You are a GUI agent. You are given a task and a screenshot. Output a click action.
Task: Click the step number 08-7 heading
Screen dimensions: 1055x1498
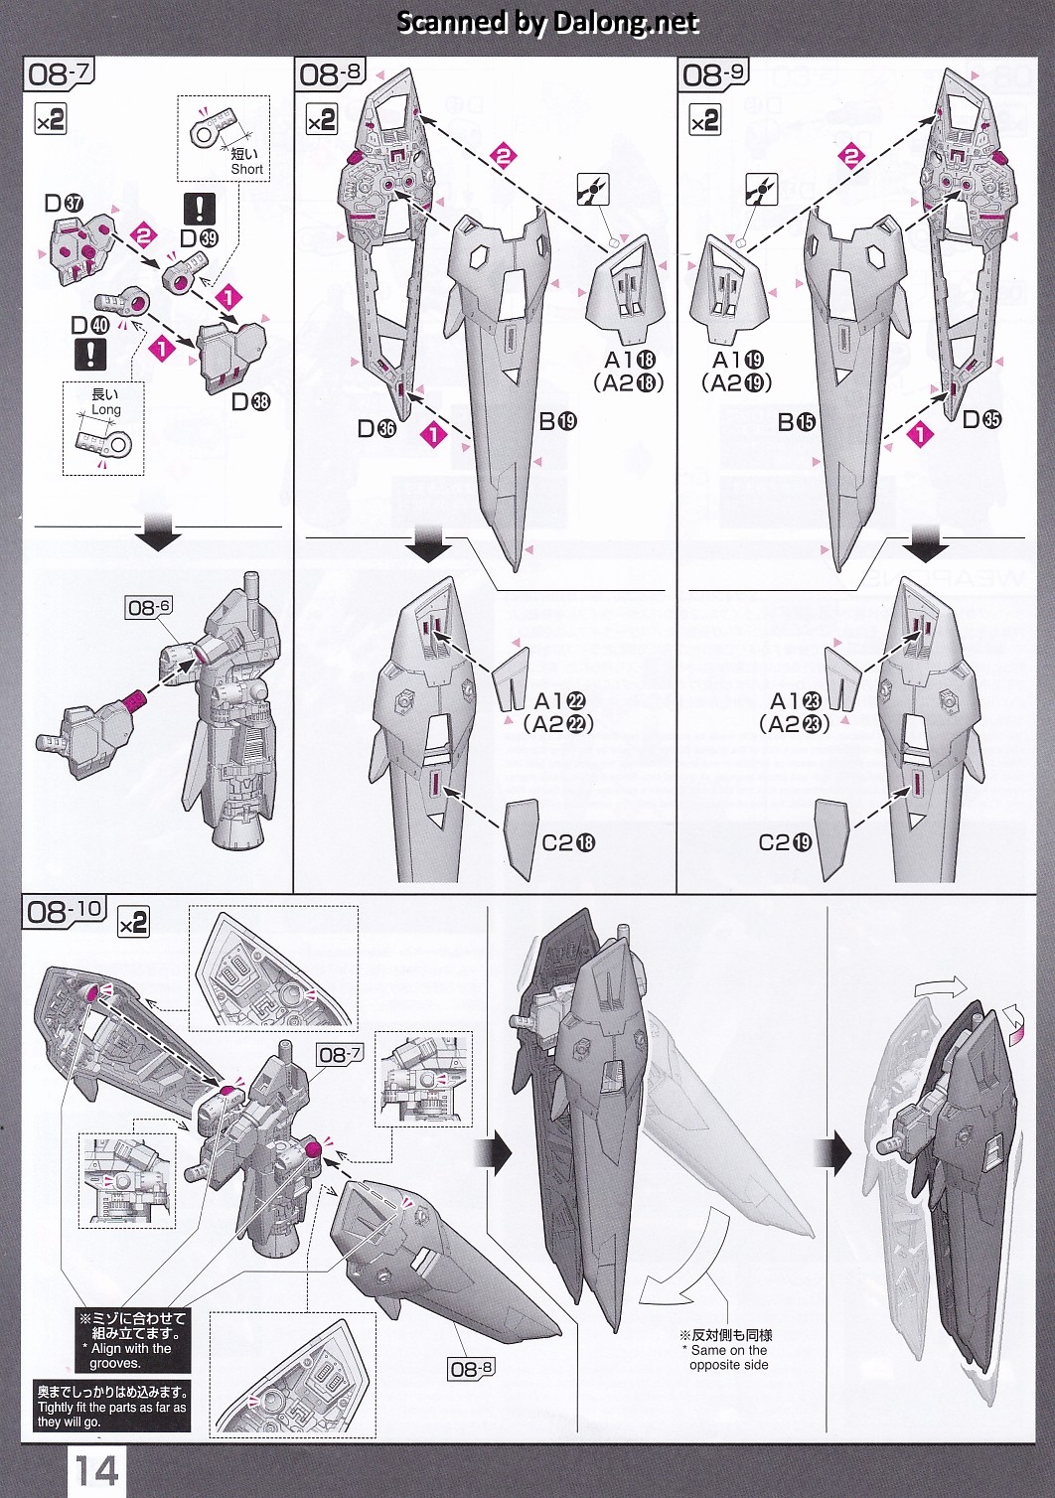60,74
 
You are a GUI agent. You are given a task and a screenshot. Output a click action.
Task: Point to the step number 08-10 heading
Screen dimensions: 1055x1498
65,911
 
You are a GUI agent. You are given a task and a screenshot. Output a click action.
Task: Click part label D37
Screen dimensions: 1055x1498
64,203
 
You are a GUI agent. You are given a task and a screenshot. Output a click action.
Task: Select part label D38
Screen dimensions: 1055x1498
250,401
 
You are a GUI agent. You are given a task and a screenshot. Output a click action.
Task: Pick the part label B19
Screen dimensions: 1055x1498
557,420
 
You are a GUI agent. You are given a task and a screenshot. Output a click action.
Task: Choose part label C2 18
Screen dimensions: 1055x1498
567,842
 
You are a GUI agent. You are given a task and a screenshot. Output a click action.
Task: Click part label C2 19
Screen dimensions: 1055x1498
785,842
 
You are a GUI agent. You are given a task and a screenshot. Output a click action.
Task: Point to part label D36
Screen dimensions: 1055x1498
377,428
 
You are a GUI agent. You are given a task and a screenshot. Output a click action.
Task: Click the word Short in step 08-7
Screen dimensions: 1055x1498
246,169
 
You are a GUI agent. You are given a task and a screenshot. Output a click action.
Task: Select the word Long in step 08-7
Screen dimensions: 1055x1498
105,409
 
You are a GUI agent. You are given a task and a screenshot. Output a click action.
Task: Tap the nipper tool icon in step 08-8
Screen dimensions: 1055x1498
593,190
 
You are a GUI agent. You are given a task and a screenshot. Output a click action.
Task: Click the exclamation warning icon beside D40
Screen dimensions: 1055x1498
90,353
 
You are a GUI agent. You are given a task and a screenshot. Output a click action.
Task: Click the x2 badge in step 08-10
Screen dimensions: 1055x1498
133,923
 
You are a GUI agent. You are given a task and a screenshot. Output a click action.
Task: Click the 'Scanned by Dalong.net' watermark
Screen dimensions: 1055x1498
548,22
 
